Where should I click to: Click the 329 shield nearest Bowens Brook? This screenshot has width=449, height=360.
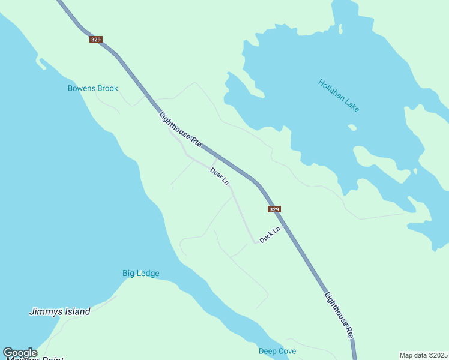tap(95, 39)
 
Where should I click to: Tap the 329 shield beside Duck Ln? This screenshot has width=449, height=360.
tap(274, 209)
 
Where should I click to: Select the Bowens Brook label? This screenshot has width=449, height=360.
tap(92, 88)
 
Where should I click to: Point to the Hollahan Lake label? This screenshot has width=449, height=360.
tap(339, 96)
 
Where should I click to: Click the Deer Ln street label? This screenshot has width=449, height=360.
tap(220, 176)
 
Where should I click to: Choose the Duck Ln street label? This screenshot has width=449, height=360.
tap(270, 235)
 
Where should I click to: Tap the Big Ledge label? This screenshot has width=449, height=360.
tap(141, 274)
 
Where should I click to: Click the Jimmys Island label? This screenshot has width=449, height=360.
tap(60, 311)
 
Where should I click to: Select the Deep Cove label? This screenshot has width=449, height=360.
tap(277, 351)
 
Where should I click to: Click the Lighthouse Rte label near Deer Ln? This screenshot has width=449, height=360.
tap(180, 130)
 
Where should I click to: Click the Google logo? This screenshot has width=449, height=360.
tap(20, 353)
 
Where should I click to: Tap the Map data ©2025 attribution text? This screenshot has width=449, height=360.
tap(423, 355)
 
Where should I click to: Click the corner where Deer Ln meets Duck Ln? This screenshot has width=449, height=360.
tap(255, 242)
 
